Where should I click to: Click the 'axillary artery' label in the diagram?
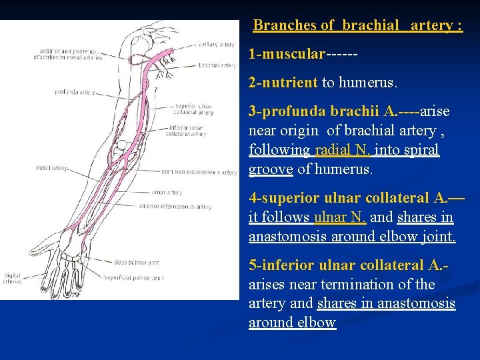[x=217, y=45]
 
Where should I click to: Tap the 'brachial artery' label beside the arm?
[x=217, y=66]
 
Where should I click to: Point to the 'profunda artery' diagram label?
[x=74, y=92]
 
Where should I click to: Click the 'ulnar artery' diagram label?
[x=167, y=193]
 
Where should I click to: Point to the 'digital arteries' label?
[x=13, y=278]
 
